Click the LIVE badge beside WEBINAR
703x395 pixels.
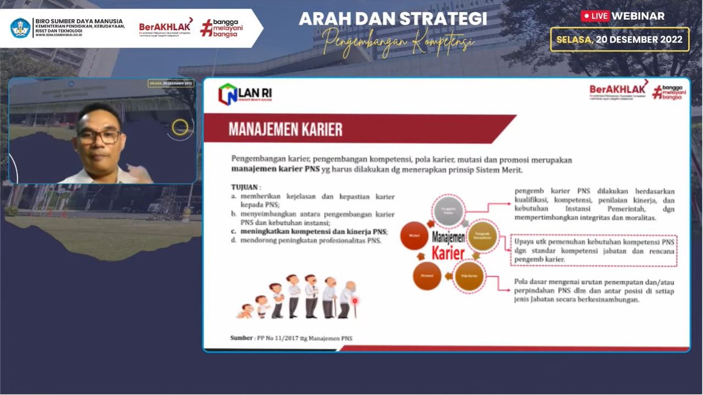(595, 16)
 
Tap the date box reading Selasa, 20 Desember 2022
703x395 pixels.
(620, 40)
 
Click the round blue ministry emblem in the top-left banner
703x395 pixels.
(20, 28)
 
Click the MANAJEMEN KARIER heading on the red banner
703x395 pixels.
(286, 130)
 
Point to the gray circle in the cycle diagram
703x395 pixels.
(449, 211)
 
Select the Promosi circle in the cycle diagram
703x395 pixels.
(427, 276)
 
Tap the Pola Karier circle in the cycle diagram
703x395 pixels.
(468, 276)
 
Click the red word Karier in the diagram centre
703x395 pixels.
(448, 253)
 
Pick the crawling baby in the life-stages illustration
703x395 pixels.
(244, 311)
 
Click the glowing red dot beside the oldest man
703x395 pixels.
(355, 301)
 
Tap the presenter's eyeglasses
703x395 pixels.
(99, 136)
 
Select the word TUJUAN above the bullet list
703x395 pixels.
(246, 187)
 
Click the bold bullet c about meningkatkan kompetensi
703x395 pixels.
(309, 231)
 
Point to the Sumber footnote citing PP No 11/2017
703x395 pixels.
(291, 338)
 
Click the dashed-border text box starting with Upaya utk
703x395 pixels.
(594, 251)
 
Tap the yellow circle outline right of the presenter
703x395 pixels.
(180, 127)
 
